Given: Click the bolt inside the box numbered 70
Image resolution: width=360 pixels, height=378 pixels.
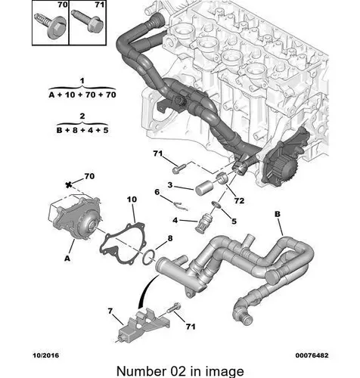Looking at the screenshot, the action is coord(50,25).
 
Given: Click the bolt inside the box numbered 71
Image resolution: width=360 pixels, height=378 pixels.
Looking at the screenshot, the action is coord(87,20).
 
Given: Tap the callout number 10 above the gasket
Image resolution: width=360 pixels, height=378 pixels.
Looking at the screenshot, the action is coord(132,200).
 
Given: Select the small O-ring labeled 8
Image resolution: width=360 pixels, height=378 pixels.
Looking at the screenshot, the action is coord(149,257).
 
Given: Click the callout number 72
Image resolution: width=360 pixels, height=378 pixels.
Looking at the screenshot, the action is coord(239,200).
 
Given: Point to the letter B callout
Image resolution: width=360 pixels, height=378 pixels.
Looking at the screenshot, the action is coord(278,214).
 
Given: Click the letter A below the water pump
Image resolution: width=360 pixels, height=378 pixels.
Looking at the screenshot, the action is coord(67,259).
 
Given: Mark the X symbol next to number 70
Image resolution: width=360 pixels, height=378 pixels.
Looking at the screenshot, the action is coord(68,185).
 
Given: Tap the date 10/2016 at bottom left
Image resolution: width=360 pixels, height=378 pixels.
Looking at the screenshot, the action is coord(45,355).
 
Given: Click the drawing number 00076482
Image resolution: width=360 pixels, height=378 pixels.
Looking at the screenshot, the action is coord(312,355).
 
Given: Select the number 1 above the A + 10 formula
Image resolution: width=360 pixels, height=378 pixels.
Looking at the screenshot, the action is coord(82,81).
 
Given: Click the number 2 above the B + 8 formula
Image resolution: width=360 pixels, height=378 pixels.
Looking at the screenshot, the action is coord(82,116).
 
